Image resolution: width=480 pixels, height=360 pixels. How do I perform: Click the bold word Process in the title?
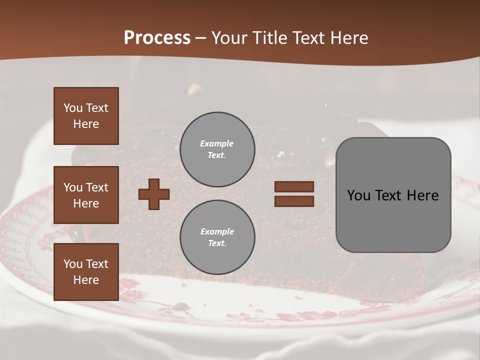click(157, 38)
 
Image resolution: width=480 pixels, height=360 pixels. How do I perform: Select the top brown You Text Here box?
click(86, 116)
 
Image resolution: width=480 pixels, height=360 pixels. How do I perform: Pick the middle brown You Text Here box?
click(86, 195)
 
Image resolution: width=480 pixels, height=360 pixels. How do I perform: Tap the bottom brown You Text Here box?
click(86, 272)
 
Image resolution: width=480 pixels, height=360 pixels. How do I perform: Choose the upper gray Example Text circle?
click(217, 149)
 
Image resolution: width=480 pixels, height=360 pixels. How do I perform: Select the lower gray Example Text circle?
click(217, 237)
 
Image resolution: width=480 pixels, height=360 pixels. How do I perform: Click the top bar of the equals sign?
click(294, 187)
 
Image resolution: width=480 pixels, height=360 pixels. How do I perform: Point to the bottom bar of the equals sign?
click(294, 201)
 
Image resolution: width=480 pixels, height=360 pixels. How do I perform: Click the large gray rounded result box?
click(393, 195)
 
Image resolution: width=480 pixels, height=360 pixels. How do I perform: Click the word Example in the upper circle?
click(217, 144)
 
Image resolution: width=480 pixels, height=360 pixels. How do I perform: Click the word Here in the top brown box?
click(86, 124)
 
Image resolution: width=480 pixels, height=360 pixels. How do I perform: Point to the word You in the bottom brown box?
click(73, 264)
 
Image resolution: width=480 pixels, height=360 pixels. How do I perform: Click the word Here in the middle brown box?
click(86, 203)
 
